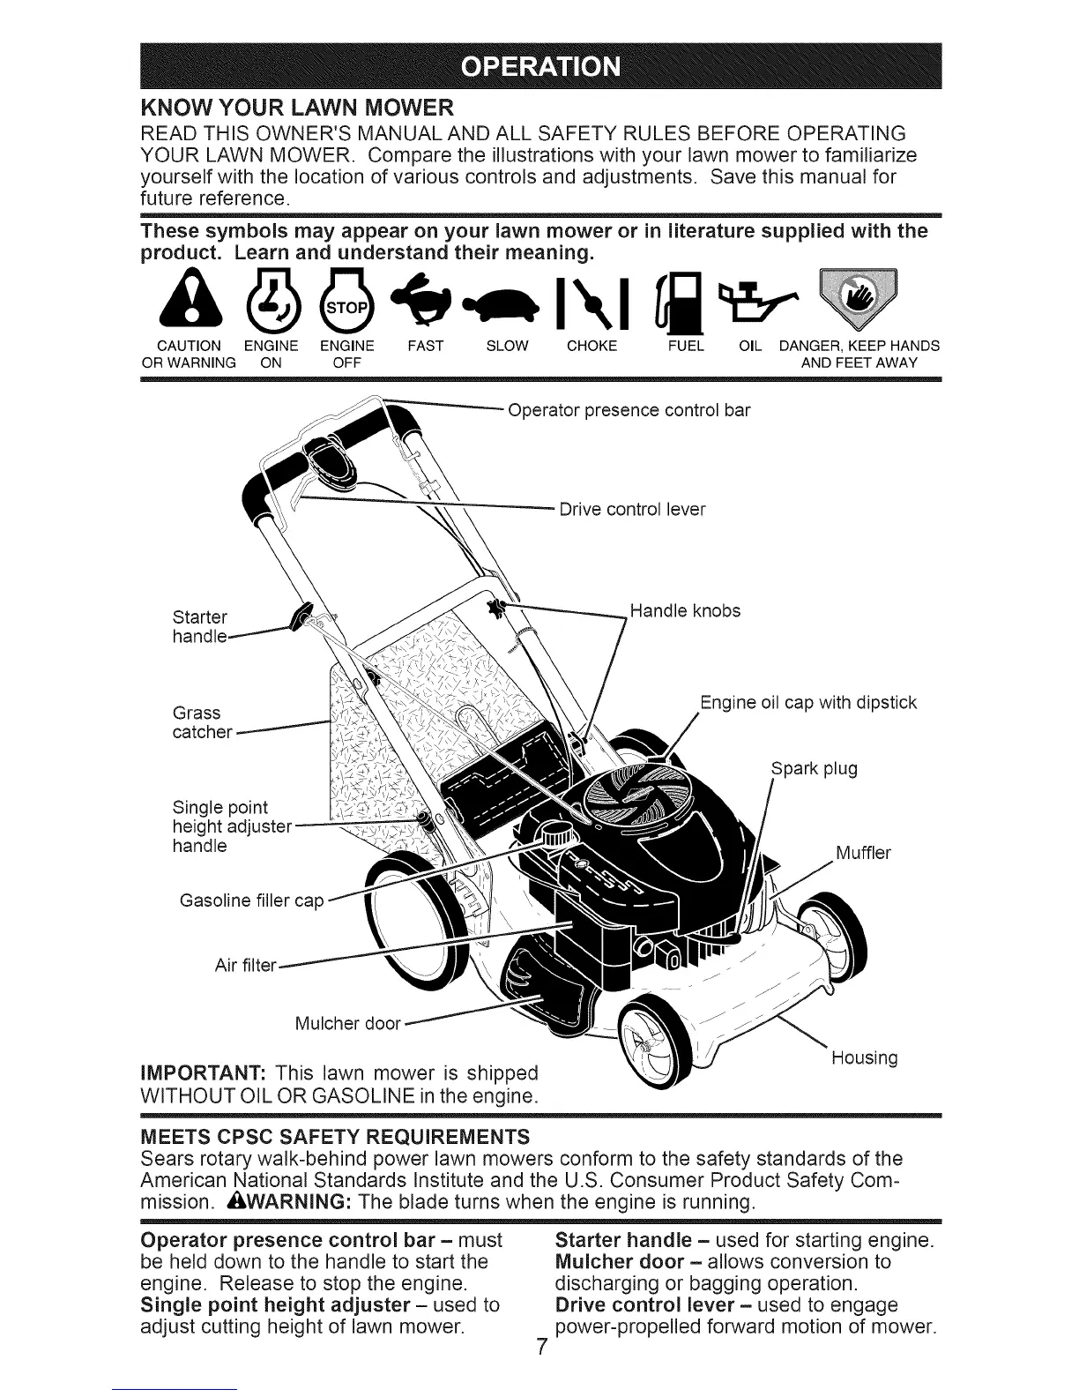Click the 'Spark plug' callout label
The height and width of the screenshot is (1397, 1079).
pos(814,768)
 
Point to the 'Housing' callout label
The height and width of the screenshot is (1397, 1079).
pos(864,1057)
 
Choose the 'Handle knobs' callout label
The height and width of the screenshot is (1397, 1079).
pos(685,610)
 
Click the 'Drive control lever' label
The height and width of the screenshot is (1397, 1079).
pos(632,510)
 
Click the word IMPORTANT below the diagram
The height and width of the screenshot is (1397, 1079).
pos(198,1074)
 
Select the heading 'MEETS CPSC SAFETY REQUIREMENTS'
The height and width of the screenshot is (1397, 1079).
pos(336,1135)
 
